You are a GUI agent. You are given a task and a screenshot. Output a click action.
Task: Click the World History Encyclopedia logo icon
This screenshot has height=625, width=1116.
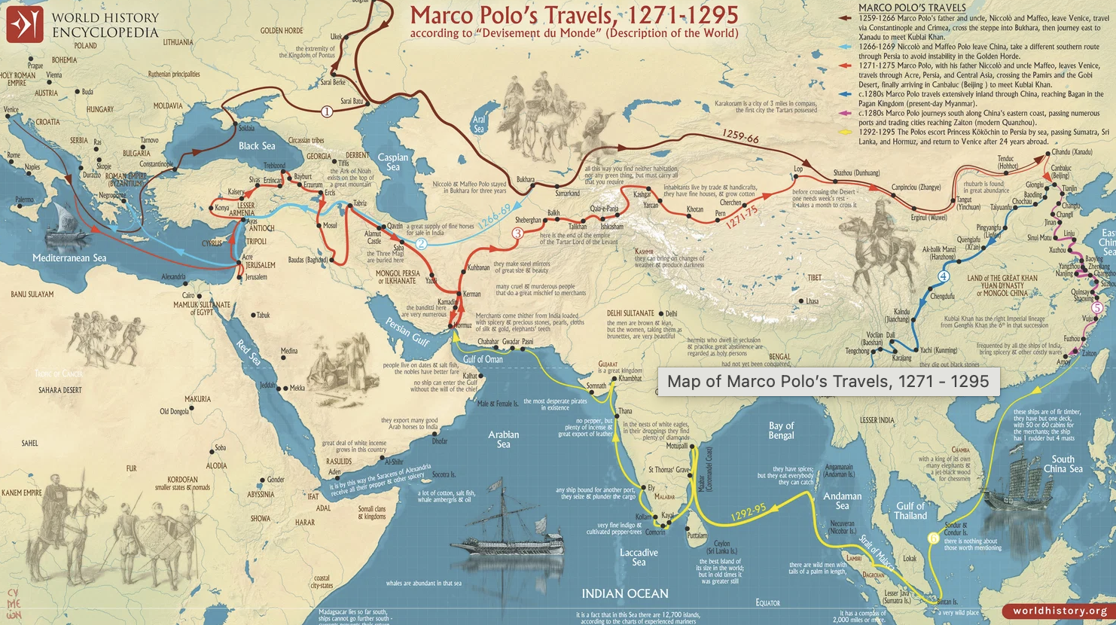(x=25, y=24)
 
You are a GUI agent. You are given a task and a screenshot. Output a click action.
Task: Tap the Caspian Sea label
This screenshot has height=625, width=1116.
(x=393, y=162)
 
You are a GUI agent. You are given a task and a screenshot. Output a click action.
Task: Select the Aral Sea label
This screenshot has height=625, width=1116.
(x=479, y=124)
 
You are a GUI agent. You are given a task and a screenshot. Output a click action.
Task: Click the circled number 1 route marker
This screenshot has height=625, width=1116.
(x=327, y=111)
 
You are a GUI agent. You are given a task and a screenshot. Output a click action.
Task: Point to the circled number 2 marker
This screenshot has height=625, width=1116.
(x=422, y=243)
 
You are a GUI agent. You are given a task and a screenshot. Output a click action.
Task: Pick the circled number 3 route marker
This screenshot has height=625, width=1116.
(x=517, y=233)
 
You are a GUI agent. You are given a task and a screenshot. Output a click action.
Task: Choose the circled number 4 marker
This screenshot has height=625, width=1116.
(x=944, y=276)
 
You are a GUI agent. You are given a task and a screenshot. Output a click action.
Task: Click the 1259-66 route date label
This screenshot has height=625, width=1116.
(x=740, y=136)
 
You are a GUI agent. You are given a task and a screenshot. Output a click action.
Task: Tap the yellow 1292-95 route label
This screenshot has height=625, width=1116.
(x=749, y=513)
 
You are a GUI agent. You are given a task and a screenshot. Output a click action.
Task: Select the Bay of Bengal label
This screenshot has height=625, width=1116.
(x=781, y=430)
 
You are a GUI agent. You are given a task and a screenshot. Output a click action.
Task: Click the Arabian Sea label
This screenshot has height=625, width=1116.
(x=503, y=439)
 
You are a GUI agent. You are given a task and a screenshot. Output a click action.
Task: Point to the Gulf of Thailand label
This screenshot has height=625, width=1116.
(x=910, y=511)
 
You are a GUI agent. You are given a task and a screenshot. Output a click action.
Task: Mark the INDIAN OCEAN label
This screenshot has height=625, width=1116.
(x=625, y=593)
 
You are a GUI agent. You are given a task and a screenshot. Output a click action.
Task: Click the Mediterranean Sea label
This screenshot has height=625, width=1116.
(x=69, y=258)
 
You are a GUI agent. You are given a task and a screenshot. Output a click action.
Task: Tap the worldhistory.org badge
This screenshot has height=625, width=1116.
(x=1060, y=611)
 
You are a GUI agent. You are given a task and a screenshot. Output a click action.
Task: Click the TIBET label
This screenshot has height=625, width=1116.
(x=815, y=277)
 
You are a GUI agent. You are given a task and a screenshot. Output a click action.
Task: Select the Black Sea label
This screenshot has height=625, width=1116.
(x=257, y=146)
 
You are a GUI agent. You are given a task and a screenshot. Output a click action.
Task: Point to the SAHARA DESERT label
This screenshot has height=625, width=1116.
(x=60, y=390)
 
